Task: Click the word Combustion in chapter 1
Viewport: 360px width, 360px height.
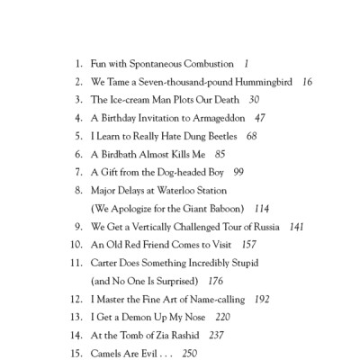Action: [204, 66]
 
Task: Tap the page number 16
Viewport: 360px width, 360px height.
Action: [307, 82]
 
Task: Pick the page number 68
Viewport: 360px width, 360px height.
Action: [251, 135]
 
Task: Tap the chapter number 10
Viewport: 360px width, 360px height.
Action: [75, 244]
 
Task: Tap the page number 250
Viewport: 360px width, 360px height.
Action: [189, 353]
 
